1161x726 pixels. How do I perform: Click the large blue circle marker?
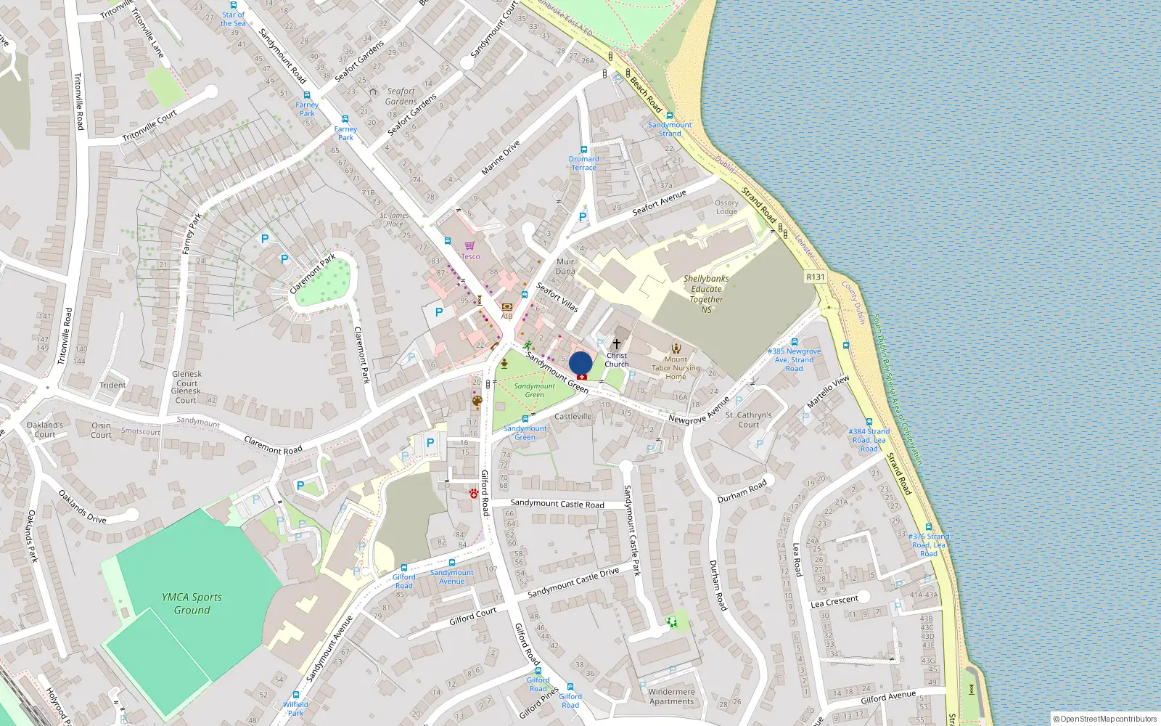pos(580,363)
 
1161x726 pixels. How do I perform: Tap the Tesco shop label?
pos(470,256)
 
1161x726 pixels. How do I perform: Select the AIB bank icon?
pos(506,307)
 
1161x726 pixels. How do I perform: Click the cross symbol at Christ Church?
pos(617,344)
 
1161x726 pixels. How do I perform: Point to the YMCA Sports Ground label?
pos(192,603)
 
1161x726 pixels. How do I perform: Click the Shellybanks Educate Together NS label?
pos(706,294)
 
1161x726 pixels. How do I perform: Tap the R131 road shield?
pos(816,277)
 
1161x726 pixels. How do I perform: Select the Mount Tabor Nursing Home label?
pos(676,368)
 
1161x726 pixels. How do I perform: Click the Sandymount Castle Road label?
pos(557,503)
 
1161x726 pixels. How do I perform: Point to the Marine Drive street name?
pos(501,158)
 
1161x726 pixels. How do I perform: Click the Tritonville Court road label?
pos(149,126)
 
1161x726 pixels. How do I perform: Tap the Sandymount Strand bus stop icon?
pos(669,115)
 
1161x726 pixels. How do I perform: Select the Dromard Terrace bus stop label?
pos(583,163)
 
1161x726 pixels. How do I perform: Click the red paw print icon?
pos(474,494)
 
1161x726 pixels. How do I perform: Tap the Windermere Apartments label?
pos(671,696)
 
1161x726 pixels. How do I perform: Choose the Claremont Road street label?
pos(273,445)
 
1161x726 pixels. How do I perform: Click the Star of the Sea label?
pos(233,19)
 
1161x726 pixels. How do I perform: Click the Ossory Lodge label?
pos(726,208)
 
